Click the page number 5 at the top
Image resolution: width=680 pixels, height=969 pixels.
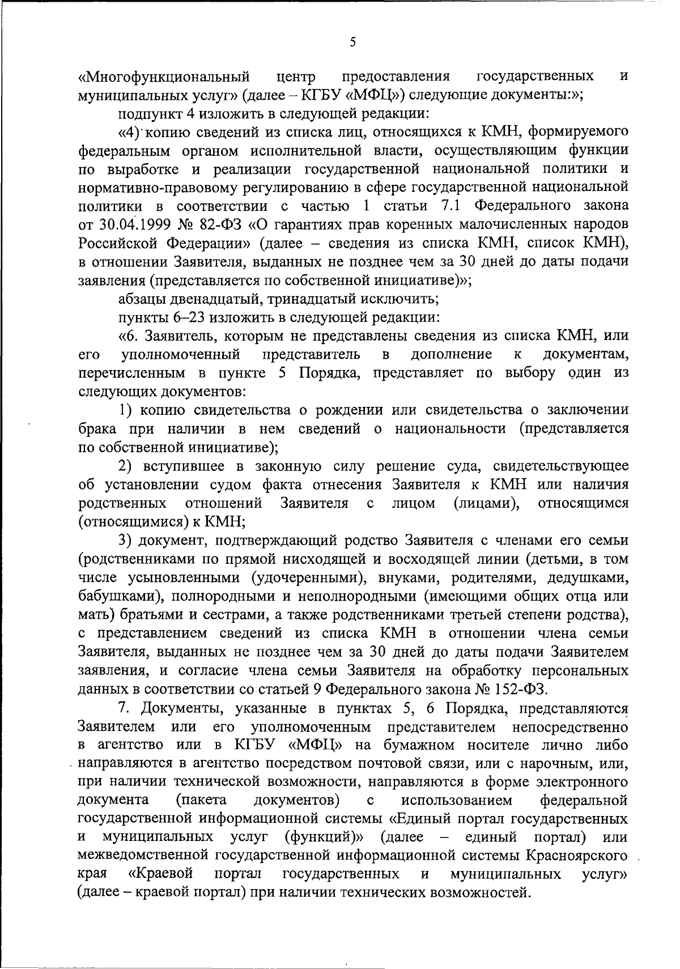click(x=352, y=43)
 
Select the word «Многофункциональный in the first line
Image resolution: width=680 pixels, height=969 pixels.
click(x=164, y=76)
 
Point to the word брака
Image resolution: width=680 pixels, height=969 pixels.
click(x=98, y=429)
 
